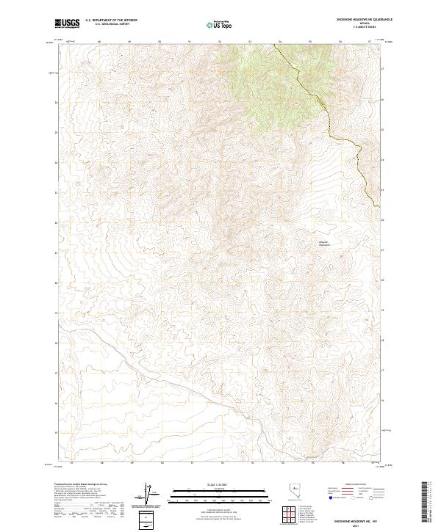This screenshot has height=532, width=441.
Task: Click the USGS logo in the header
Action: [67, 24]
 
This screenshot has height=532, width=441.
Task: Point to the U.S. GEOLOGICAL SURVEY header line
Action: [111, 25]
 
